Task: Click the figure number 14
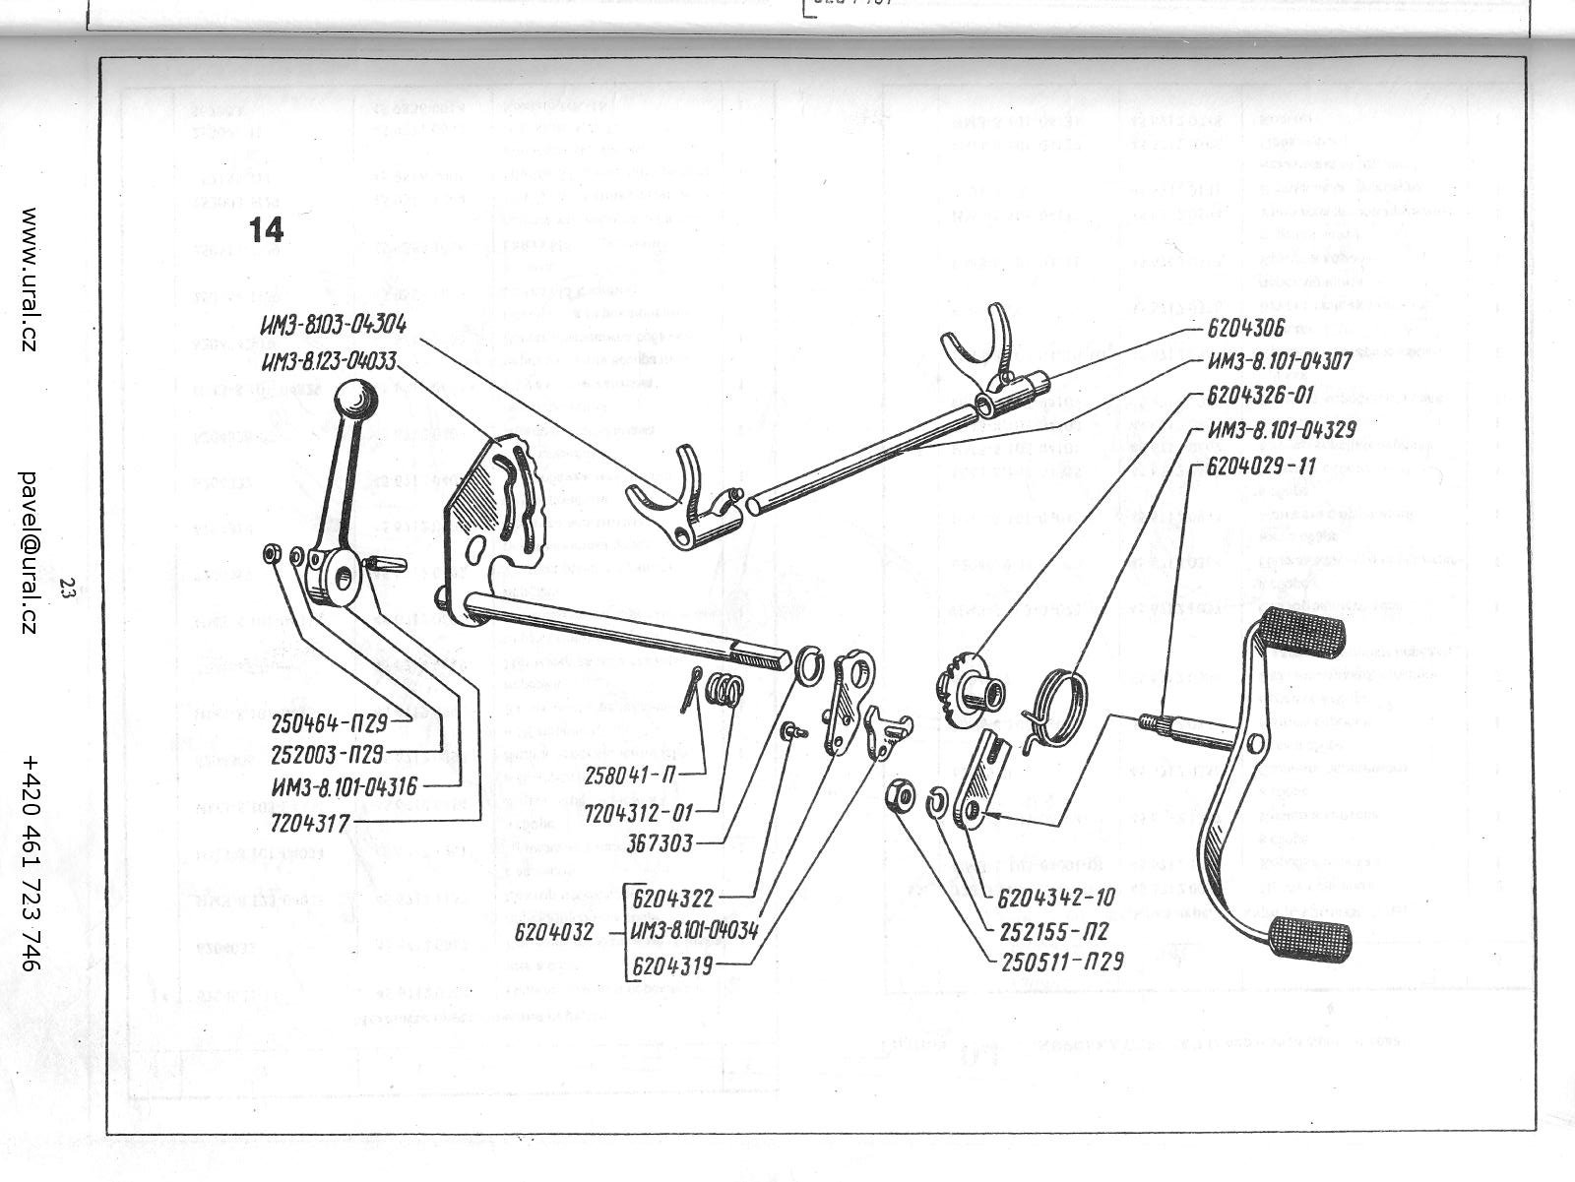coord(266,229)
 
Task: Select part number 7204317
coord(311,822)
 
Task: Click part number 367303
coord(666,843)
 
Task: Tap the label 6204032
coord(553,932)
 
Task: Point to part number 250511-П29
coord(1059,962)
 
